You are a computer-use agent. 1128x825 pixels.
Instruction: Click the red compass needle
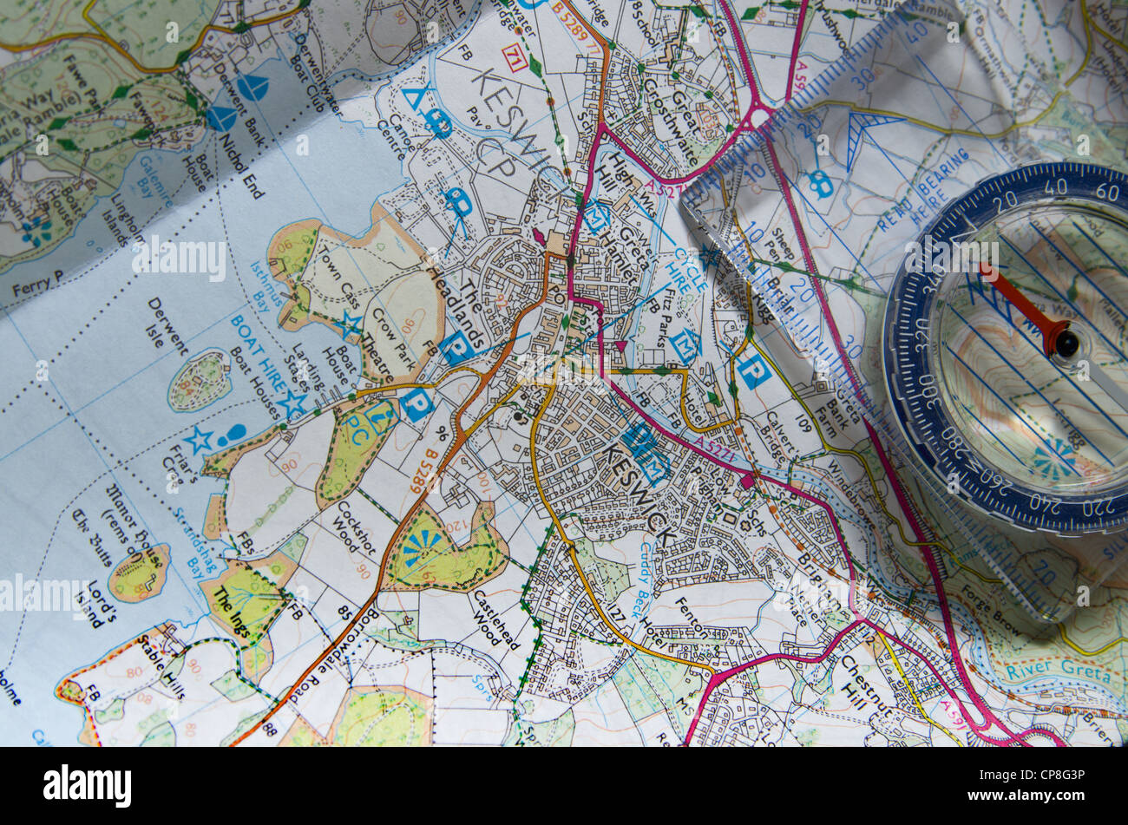click(x=1015, y=299)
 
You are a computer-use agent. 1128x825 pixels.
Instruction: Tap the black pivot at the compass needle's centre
click(x=1066, y=343)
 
